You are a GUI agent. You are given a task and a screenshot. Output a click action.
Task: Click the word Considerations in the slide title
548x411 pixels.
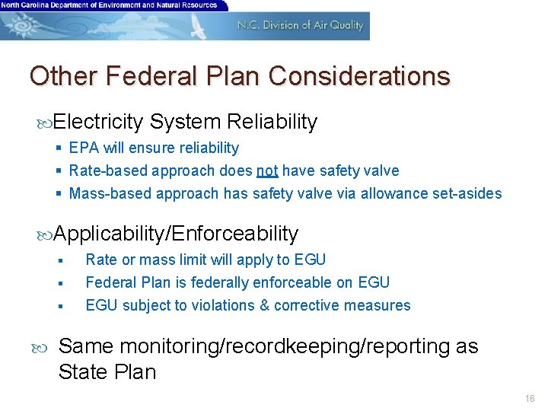tap(359, 76)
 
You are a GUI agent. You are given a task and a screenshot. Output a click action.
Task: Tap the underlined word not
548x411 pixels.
tap(267, 170)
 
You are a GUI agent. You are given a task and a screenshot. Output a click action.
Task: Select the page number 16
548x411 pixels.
tap(530, 399)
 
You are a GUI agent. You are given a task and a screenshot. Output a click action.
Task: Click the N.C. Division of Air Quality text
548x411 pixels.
tap(300, 25)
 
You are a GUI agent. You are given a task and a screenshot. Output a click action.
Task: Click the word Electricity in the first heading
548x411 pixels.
tap(99, 122)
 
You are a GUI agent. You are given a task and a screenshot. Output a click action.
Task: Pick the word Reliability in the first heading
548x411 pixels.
tap(272, 122)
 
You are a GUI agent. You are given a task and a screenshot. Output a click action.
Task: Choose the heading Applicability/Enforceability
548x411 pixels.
tap(177, 234)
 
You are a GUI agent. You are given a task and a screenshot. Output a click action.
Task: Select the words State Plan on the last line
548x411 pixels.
tap(107, 372)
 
